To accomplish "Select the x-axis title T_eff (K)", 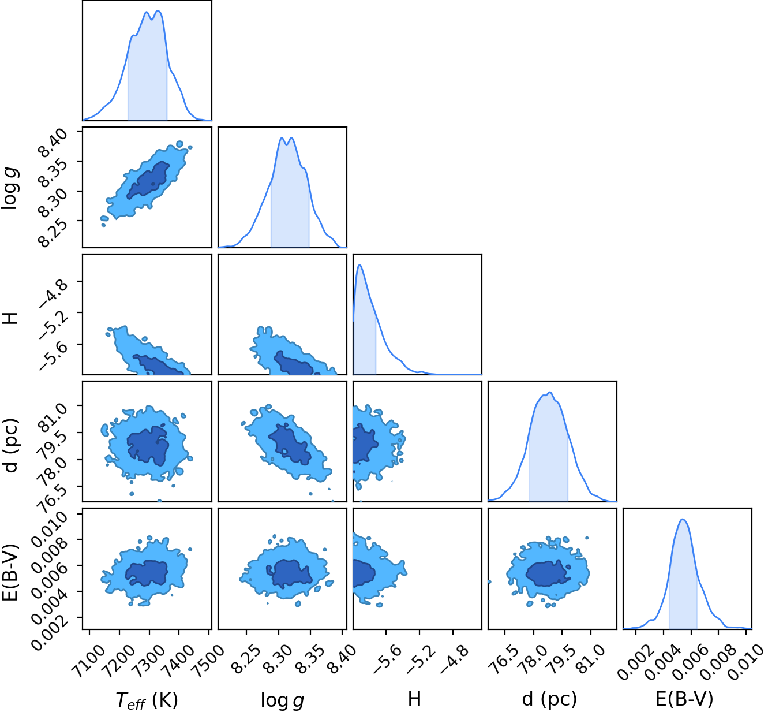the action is coord(147,699).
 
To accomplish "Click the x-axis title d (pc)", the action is coord(549,699).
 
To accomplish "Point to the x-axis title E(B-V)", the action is coord(684,699).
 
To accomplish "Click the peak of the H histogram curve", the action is coord(360,265).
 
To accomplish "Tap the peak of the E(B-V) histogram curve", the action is coord(683,519).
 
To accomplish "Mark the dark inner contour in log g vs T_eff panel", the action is coord(148,180).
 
